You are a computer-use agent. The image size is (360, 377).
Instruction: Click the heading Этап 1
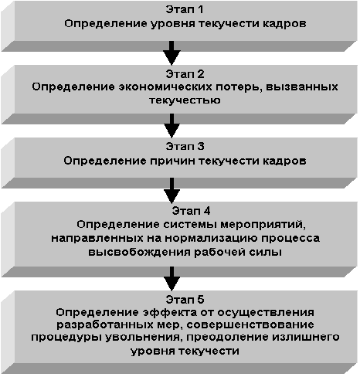tap(185, 9)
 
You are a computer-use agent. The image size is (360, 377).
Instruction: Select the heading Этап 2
tap(185, 74)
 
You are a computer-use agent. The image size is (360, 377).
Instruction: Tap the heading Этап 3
tap(185, 146)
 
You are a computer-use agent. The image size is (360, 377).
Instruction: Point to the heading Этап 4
tap(191, 211)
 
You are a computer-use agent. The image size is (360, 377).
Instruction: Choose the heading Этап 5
tap(185, 300)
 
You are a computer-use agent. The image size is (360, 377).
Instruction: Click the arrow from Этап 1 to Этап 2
tap(172, 53)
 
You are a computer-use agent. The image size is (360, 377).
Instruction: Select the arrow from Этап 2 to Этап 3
tap(172, 125)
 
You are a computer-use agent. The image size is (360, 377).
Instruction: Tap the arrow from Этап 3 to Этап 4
tap(172, 191)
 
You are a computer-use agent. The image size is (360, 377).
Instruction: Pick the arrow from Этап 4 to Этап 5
tap(172, 279)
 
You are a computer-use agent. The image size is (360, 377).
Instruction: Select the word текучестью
tap(185, 100)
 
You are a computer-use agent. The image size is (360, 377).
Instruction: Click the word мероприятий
tap(263, 225)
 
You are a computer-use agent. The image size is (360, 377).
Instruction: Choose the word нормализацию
tap(211, 238)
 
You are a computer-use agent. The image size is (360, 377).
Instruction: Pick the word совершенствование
tap(250, 324)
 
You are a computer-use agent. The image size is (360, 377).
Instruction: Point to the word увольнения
tap(142, 338)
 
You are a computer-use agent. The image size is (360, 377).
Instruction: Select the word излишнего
tap(306, 338)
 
